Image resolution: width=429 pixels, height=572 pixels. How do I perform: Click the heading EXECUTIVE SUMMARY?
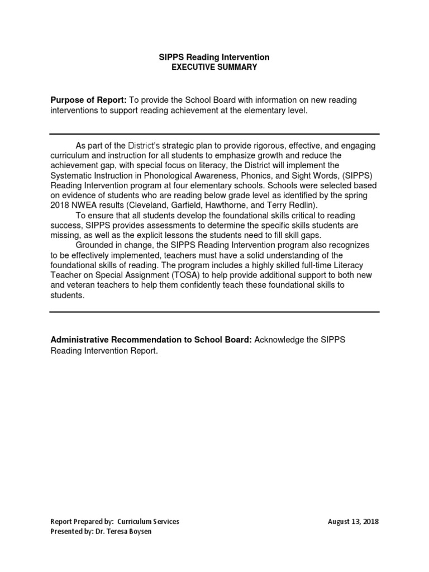[x=214, y=67]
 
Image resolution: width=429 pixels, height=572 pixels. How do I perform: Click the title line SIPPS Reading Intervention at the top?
[x=214, y=58]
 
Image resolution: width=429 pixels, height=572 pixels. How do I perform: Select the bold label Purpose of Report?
[x=89, y=100]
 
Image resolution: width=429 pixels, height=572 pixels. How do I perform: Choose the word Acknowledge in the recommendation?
[x=279, y=340]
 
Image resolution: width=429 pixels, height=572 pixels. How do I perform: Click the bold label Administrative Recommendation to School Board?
[x=151, y=340]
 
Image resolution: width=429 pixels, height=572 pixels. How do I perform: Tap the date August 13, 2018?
[x=353, y=522]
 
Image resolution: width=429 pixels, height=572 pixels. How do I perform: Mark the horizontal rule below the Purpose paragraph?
[x=214, y=134]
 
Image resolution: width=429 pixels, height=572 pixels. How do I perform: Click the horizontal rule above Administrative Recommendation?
[x=214, y=312]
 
